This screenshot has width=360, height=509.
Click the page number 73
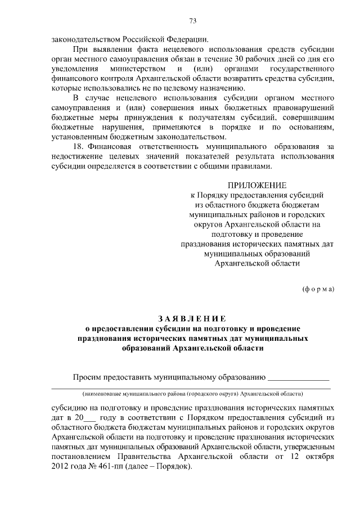click(x=193, y=22)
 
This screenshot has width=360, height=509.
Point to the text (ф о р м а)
click(x=318, y=289)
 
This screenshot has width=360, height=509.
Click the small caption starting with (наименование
click(x=193, y=393)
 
